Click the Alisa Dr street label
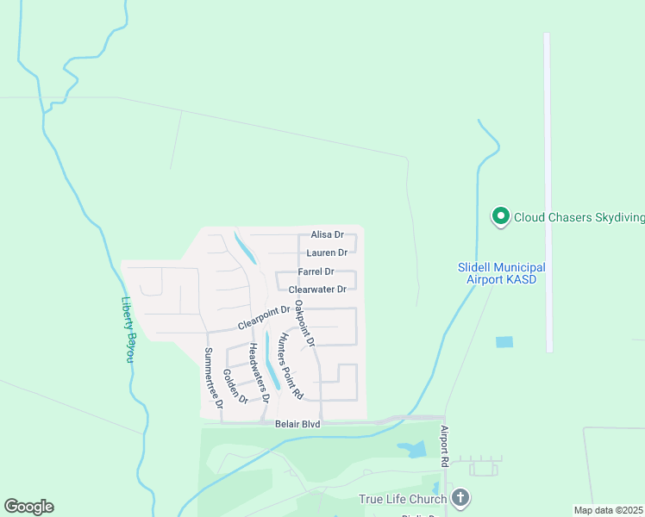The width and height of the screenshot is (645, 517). (x=327, y=234)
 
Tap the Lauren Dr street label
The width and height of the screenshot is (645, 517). (x=327, y=252)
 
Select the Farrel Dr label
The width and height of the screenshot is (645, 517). (x=316, y=271)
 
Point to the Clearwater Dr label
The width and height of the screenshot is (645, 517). (x=317, y=290)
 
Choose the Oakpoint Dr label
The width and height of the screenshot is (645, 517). (x=304, y=323)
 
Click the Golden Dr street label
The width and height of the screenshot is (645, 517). (x=235, y=387)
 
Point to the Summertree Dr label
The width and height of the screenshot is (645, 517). (x=212, y=377)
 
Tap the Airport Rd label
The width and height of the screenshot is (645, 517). (x=445, y=446)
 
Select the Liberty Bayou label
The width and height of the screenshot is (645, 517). (x=127, y=329)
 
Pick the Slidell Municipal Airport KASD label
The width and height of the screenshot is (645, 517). (x=501, y=274)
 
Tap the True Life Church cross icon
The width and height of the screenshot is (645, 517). (x=461, y=498)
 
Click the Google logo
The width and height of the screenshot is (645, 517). (x=28, y=507)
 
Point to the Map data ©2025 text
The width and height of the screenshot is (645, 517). (x=609, y=510)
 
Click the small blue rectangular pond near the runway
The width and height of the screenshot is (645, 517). (x=504, y=342)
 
